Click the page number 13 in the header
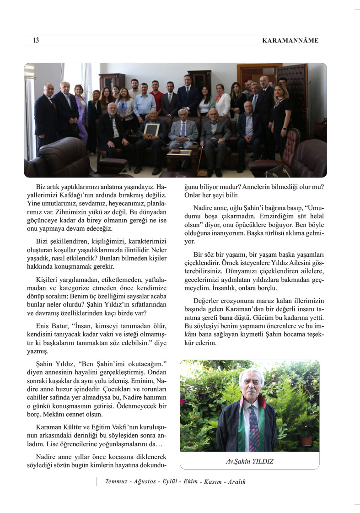36,41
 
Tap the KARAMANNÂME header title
290,41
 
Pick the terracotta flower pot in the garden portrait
307,441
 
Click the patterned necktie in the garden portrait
254,428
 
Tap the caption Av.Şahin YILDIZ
249,461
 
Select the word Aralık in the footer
237,481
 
